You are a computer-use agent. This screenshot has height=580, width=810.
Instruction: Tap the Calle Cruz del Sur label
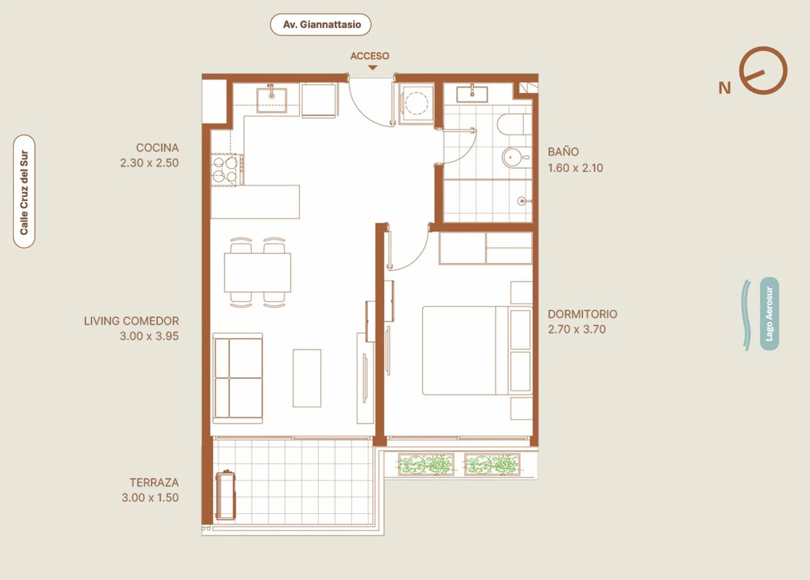[24, 192]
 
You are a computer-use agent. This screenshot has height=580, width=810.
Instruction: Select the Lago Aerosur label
[769, 313]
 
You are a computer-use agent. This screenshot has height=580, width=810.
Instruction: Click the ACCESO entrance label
[370, 56]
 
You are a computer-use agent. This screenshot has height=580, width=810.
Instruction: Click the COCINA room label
[157, 148]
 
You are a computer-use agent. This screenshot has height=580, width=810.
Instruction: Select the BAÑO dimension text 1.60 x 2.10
[575, 168]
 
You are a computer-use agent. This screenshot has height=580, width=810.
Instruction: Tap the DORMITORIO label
[582, 314]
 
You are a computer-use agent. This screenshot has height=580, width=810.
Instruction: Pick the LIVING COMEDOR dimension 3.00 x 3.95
[149, 336]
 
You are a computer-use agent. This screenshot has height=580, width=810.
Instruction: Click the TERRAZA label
[154, 483]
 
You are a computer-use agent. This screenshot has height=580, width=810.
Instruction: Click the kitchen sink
[272, 100]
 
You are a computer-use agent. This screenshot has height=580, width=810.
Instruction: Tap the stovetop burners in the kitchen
[225, 169]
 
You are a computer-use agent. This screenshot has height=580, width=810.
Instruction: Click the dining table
[257, 272]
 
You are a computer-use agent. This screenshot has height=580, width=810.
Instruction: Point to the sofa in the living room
[238, 378]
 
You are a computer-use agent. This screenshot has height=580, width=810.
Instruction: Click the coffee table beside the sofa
[307, 378]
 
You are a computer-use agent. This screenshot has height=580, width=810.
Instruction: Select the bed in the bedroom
[477, 351]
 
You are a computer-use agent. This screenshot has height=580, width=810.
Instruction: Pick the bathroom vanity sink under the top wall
[472, 94]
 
